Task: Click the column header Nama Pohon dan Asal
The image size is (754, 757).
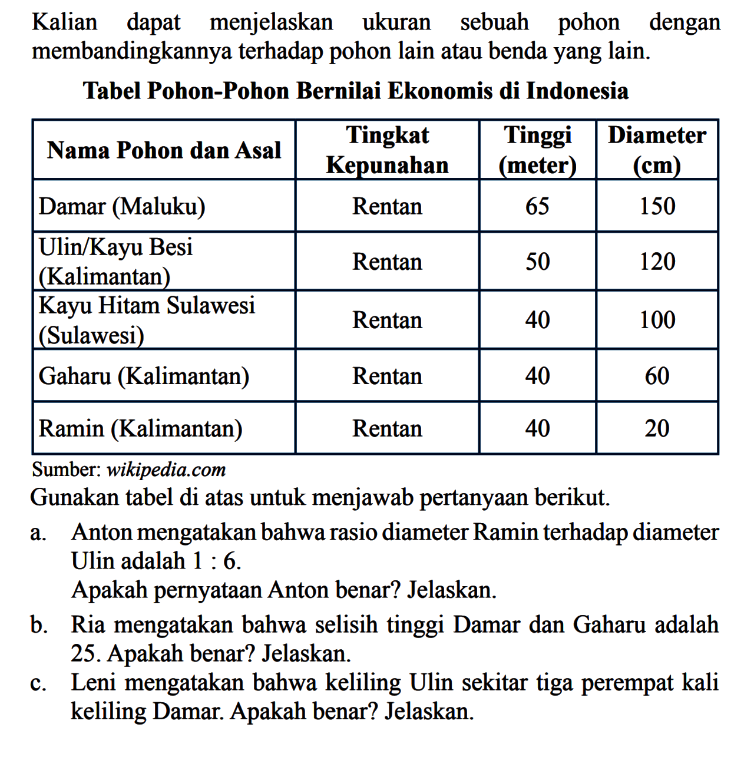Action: [x=164, y=150]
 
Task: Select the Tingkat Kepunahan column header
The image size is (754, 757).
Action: [x=388, y=150]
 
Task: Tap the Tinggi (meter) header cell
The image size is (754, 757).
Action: [x=537, y=150]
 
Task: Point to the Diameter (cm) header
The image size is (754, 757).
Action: [x=657, y=150]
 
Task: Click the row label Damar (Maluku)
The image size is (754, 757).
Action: [x=122, y=207]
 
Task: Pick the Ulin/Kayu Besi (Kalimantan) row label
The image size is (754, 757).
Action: [x=116, y=261]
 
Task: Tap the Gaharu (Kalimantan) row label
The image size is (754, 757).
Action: [x=144, y=376]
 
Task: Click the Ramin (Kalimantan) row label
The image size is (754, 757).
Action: [x=140, y=428]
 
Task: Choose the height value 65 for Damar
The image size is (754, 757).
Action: [x=537, y=207]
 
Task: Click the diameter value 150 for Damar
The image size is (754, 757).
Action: [x=657, y=207]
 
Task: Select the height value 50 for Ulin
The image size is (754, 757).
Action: [x=537, y=262]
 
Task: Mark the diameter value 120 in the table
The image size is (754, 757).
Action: [x=657, y=262]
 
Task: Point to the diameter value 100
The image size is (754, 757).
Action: [x=657, y=320]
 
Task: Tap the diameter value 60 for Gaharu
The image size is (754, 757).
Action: [x=657, y=376]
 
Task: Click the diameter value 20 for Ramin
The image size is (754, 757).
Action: [x=657, y=428]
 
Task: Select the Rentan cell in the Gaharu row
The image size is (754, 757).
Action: [x=388, y=376]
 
